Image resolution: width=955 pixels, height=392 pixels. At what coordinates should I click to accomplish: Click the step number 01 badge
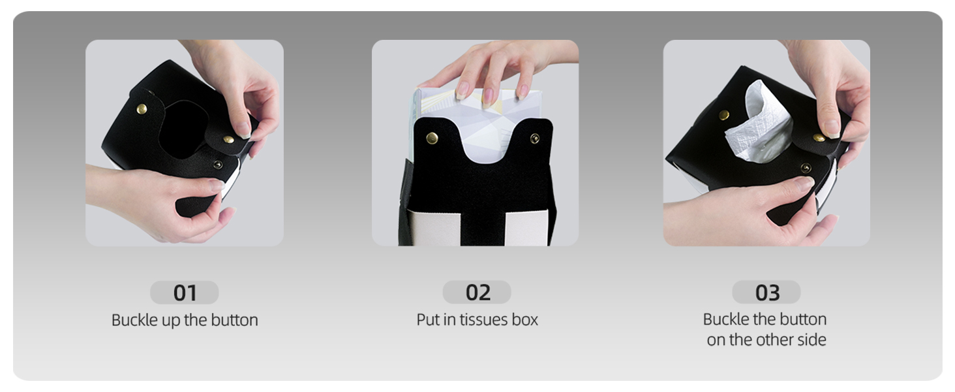point(185,293)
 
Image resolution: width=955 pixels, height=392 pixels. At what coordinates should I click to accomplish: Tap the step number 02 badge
point(477,293)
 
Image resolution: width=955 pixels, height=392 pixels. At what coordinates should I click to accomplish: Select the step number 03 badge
point(766,293)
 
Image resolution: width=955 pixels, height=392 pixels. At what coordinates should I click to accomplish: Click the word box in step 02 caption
point(524,319)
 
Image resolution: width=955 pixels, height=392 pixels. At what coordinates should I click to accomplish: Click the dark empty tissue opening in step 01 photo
point(182,129)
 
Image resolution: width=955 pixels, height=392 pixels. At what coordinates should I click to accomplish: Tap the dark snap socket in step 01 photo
point(217,164)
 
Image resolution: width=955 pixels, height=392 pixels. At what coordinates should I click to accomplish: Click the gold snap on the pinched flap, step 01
point(228,139)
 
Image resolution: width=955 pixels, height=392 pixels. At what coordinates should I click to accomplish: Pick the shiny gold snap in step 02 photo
point(432,137)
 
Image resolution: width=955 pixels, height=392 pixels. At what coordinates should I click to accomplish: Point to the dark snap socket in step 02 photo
point(535,139)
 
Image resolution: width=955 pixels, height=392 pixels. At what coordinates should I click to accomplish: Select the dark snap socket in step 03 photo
point(806,168)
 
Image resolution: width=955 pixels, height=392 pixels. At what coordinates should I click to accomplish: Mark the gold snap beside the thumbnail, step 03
point(819,137)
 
